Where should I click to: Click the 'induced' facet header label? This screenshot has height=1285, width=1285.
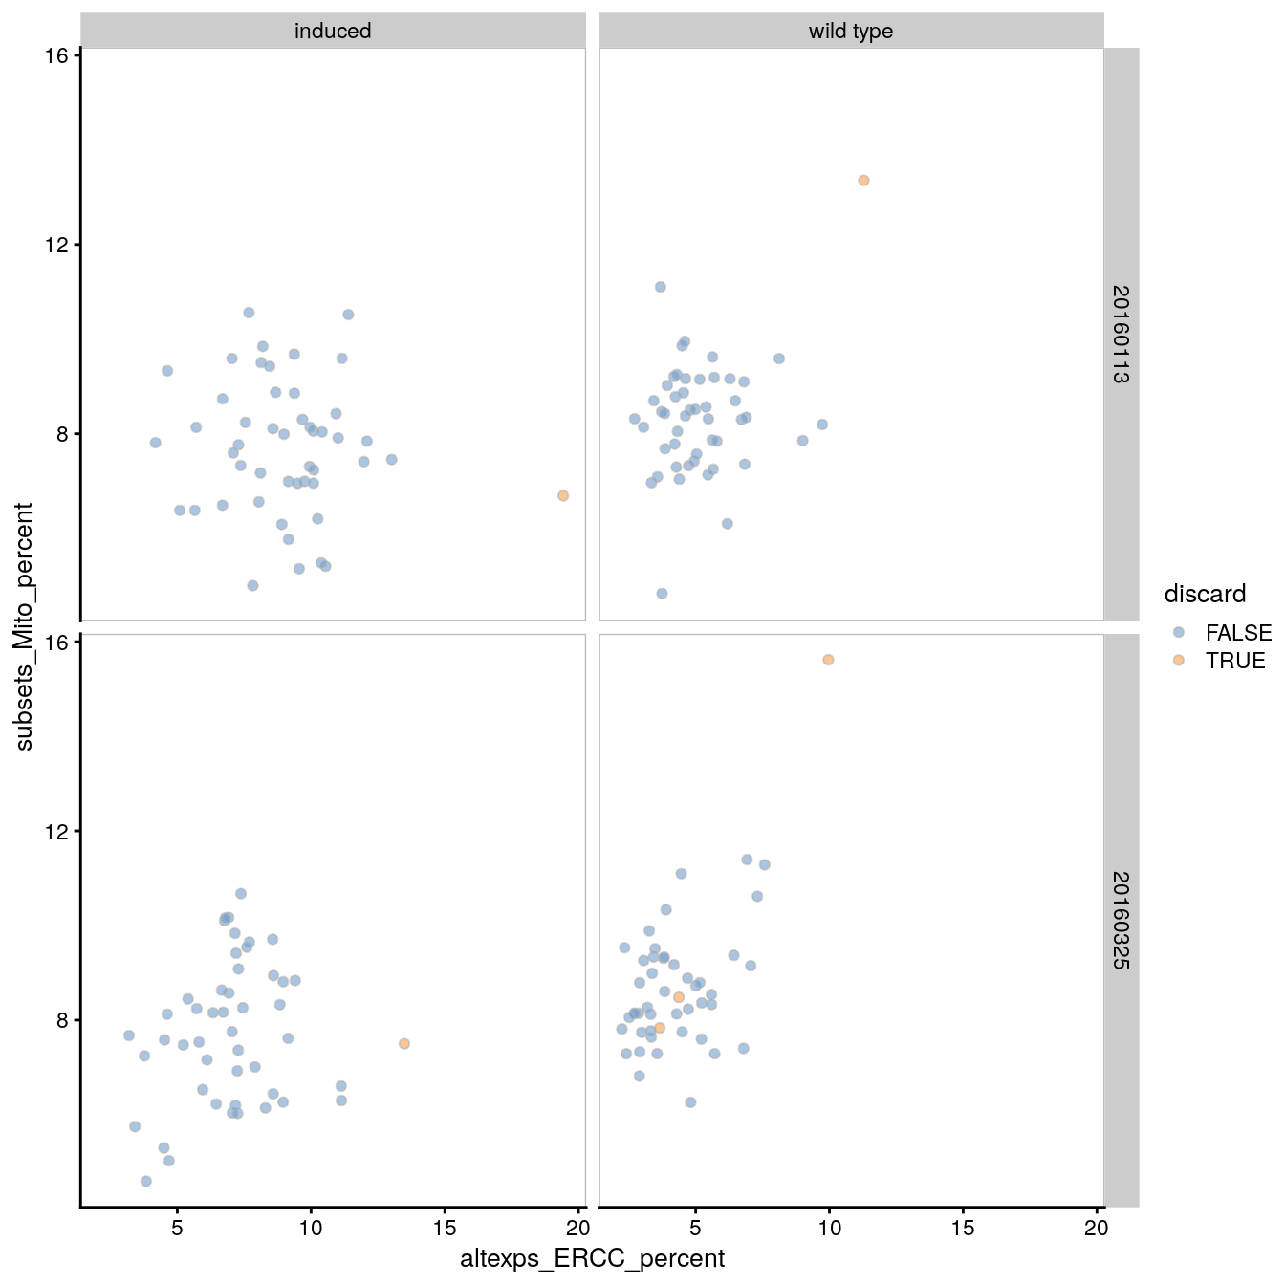[x=333, y=32]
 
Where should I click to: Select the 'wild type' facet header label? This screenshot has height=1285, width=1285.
[x=851, y=32]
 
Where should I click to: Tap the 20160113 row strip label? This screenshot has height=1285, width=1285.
[x=1121, y=334]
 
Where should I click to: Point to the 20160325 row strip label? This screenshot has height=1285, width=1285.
[x=1121, y=920]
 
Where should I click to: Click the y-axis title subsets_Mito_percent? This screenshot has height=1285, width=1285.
[x=25, y=626]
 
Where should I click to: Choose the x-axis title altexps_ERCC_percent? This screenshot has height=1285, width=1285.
[x=592, y=1258]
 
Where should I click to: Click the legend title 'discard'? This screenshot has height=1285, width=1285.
[x=1205, y=594]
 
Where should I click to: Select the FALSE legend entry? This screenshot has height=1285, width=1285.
[x=1237, y=633]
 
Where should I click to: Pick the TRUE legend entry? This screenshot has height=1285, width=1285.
[x=1234, y=661]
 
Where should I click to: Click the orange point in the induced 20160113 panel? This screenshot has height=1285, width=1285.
[x=563, y=496]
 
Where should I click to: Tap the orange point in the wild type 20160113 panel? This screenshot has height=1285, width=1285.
[x=863, y=181]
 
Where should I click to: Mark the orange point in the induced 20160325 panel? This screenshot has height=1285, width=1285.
[x=404, y=1044]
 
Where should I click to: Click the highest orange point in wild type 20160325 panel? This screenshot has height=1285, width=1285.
[x=828, y=660]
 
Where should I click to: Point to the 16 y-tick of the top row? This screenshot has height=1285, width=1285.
[x=56, y=55]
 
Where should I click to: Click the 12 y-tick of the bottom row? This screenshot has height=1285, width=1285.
[x=56, y=831]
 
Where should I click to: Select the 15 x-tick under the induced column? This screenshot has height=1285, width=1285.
[x=445, y=1228]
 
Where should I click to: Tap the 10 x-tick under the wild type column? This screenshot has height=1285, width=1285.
[x=829, y=1228]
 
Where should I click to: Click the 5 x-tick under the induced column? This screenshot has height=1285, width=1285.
[x=177, y=1228]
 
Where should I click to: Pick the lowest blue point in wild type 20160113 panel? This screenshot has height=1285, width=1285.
[x=662, y=594]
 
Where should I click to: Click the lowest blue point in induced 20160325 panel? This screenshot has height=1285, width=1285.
[x=146, y=1181]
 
